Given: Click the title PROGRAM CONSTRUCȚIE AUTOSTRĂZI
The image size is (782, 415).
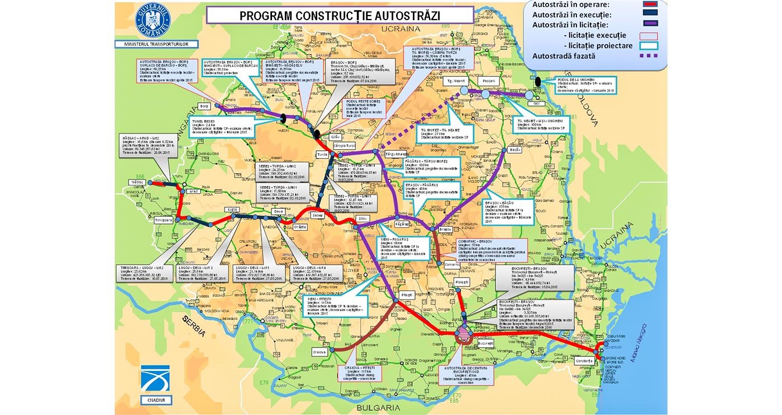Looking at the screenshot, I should [340, 15].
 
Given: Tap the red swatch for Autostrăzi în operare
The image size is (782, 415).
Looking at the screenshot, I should [650, 4].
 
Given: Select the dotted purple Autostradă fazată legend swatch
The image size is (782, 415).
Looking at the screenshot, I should [650, 55].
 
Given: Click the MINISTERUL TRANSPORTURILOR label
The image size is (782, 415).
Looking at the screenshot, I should [152, 44].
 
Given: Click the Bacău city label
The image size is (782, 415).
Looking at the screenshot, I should [515, 150].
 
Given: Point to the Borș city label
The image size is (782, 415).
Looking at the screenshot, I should [204, 106].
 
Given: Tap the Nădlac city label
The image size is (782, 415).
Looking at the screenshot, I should [136, 182].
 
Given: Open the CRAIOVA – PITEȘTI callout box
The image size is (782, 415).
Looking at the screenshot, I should [361, 373].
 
